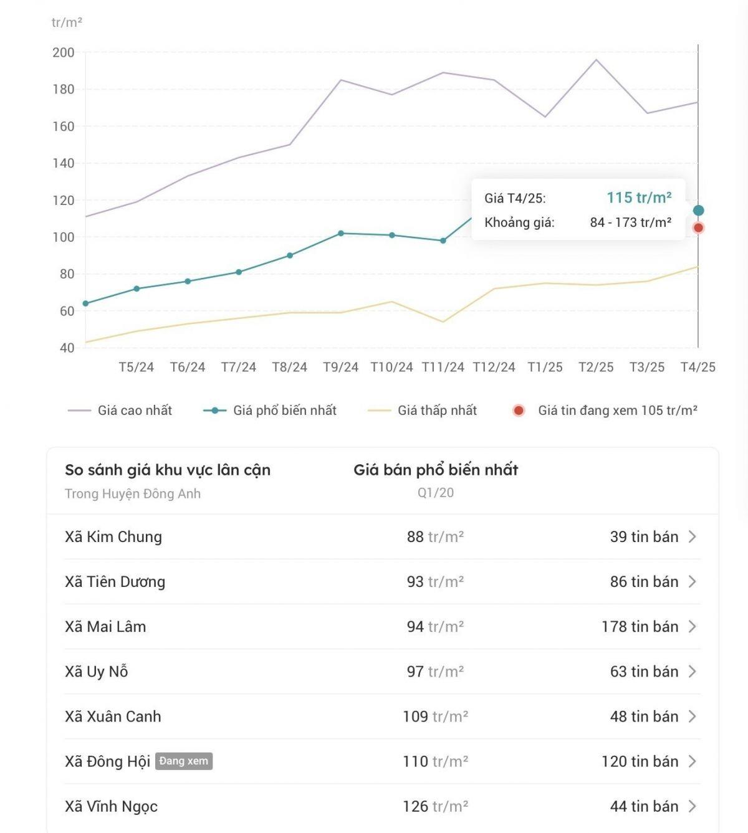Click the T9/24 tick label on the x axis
(340, 367)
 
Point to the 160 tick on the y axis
(64, 126)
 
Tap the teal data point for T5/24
(137, 288)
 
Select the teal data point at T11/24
(443, 240)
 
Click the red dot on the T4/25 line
(698, 228)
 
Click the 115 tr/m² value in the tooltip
(639, 198)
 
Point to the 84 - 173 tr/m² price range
(630, 222)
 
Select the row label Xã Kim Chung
(113, 536)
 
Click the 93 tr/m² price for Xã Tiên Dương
(435, 581)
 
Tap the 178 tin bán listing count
(640, 626)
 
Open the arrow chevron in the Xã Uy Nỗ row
(692, 671)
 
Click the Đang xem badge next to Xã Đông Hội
(184, 761)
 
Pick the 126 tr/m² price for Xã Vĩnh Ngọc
(435, 806)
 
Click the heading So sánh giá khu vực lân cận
(168, 470)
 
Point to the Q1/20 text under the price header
(435, 493)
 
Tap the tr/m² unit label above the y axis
(67, 22)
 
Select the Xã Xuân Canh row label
(113, 716)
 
